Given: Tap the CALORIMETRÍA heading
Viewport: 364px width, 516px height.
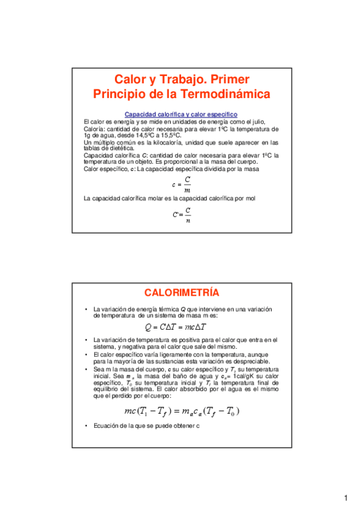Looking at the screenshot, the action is pyautogui.click(x=182, y=292).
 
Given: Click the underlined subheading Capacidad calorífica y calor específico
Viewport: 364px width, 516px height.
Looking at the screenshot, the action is pyautogui.click(x=180, y=114).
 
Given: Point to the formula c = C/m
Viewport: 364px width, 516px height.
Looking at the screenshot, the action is pyautogui.click(x=182, y=184).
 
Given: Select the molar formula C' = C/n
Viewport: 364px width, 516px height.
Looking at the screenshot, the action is pyautogui.click(x=182, y=215).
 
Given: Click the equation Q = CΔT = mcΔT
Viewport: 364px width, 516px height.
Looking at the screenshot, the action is pyautogui.click(x=182, y=327).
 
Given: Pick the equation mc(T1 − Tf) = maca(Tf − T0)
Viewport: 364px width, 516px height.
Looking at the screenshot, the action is pyautogui.click(x=182, y=411).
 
